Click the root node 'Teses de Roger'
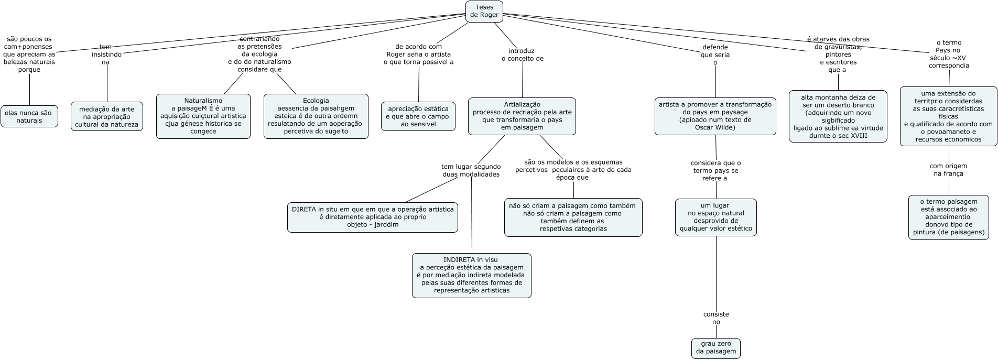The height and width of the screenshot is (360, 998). [484, 12]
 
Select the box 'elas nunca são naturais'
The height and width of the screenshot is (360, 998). [29, 116]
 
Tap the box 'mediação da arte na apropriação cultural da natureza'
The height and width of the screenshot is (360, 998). [107, 116]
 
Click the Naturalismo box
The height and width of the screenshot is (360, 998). [203, 116]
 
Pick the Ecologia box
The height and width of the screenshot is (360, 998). [316, 116]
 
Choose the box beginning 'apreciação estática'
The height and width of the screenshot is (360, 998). [418, 116]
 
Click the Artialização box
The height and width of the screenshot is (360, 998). [522, 116]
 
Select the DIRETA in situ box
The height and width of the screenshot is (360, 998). [373, 217]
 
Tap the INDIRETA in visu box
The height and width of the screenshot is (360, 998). [472, 276]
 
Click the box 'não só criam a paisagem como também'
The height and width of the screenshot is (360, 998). [573, 217]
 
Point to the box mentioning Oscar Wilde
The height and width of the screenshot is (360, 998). [715, 116]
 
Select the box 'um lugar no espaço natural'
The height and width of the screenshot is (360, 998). [716, 217]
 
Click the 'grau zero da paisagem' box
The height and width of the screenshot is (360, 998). [716, 348]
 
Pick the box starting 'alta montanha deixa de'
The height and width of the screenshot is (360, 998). [838, 116]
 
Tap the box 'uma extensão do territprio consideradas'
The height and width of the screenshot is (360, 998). [949, 116]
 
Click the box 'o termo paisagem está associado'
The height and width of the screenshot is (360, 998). [949, 217]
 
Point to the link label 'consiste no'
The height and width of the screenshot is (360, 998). [716, 318]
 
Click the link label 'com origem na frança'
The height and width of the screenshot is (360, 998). [949, 170]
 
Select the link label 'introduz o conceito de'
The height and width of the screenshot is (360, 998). [522, 55]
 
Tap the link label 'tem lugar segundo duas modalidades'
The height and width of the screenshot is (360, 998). [471, 170]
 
